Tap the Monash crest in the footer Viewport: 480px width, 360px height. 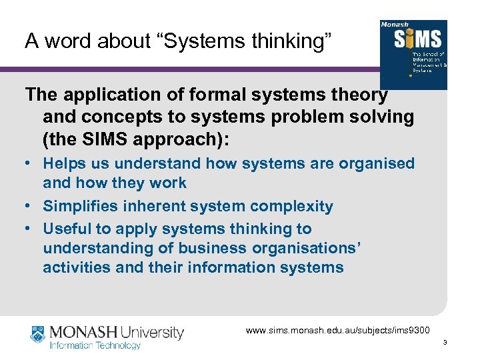pos(39,335)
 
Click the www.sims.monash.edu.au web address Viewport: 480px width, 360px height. pos(339,330)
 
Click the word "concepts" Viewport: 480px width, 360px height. pos(116,117)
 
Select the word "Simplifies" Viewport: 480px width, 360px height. pos(82,206)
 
